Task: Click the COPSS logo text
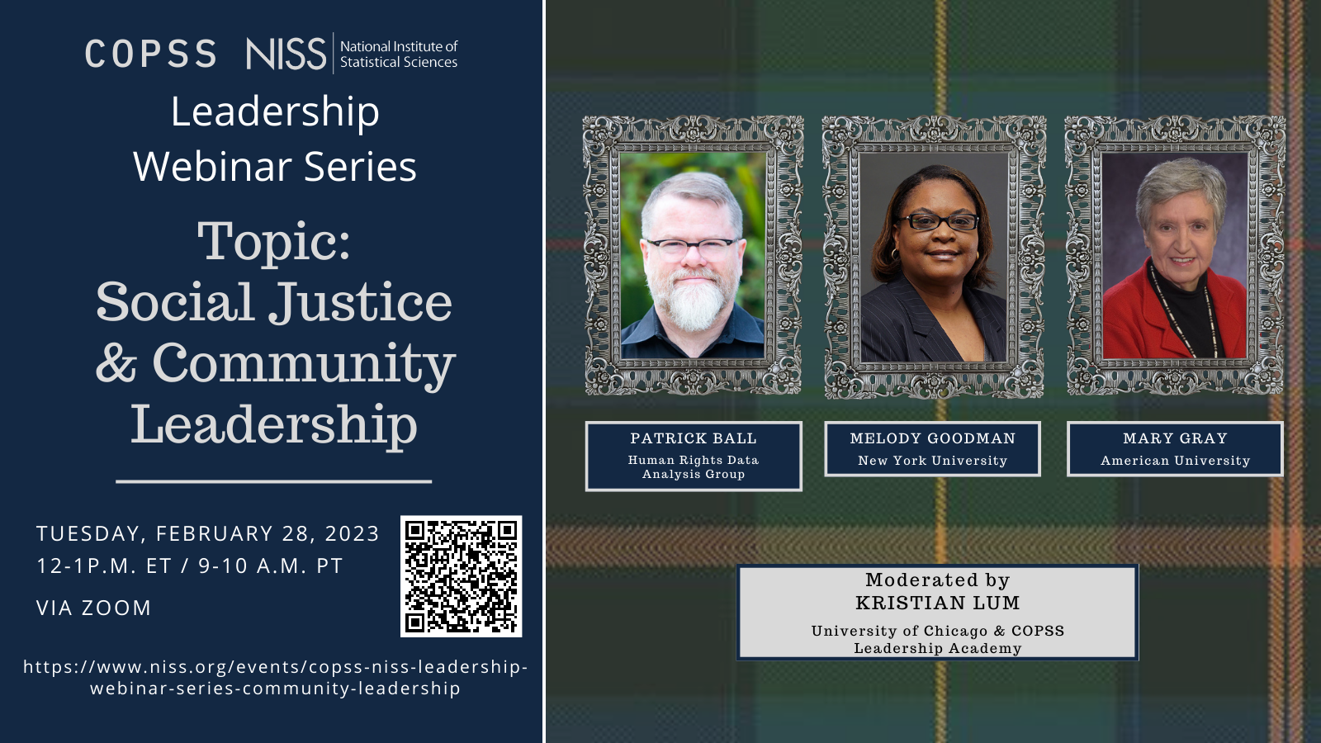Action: point(151,54)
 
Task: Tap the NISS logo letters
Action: point(286,54)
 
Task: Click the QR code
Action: point(462,576)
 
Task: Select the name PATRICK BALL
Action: point(693,438)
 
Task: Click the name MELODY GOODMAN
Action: point(932,438)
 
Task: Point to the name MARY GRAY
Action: point(1175,438)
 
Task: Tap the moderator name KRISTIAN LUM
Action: point(938,603)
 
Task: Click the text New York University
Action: point(932,461)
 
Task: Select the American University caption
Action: point(1175,461)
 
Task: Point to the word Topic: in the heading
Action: point(273,242)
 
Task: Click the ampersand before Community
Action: point(116,362)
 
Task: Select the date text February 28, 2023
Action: point(268,533)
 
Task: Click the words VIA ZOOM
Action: point(94,608)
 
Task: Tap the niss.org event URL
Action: point(276,678)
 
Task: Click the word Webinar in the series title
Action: point(212,166)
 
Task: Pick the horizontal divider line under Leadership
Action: point(273,482)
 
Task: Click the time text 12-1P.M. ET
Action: point(104,566)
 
